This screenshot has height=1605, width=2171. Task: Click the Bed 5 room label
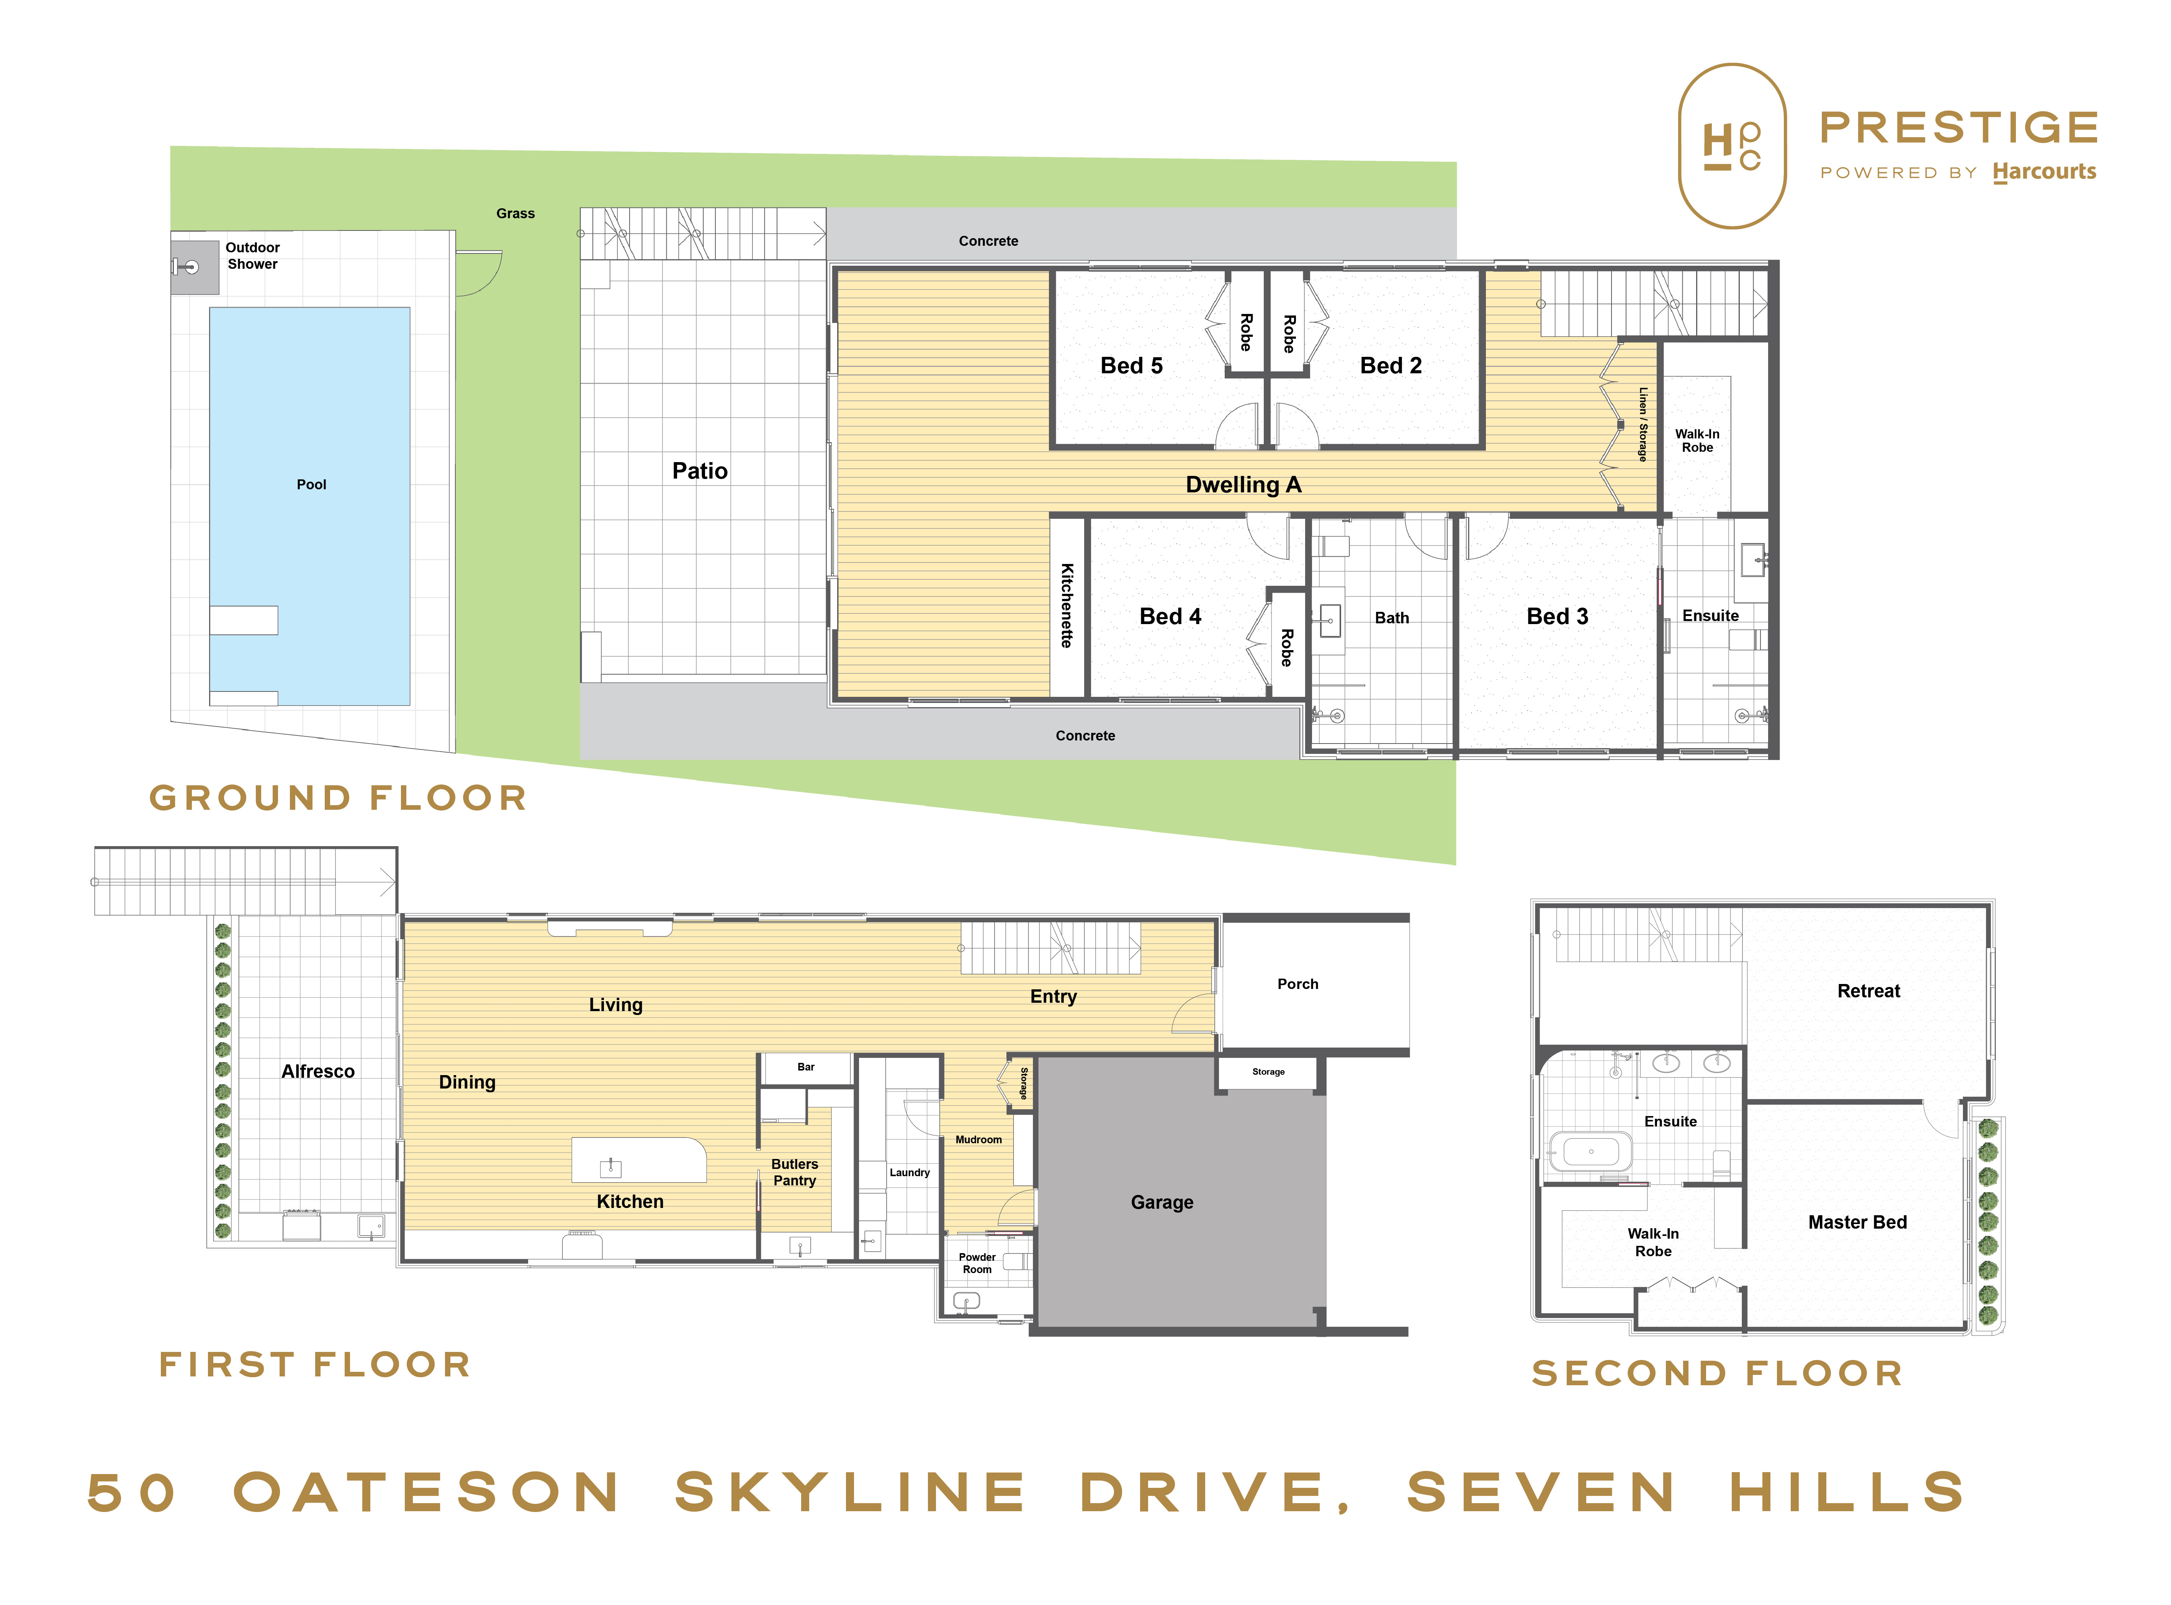[1131, 366]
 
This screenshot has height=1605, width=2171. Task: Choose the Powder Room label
[977, 1263]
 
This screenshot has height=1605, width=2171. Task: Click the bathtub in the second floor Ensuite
[1591, 1151]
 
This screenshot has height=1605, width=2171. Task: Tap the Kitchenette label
[1067, 605]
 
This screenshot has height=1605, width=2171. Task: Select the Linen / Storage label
[1643, 425]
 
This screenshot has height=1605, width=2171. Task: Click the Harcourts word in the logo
[2045, 172]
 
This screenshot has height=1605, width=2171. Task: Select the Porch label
[1297, 984]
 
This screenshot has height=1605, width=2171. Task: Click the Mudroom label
[978, 1140]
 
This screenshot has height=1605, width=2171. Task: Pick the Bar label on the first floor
[806, 1067]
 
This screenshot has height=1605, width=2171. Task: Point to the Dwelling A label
[1243, 485]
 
